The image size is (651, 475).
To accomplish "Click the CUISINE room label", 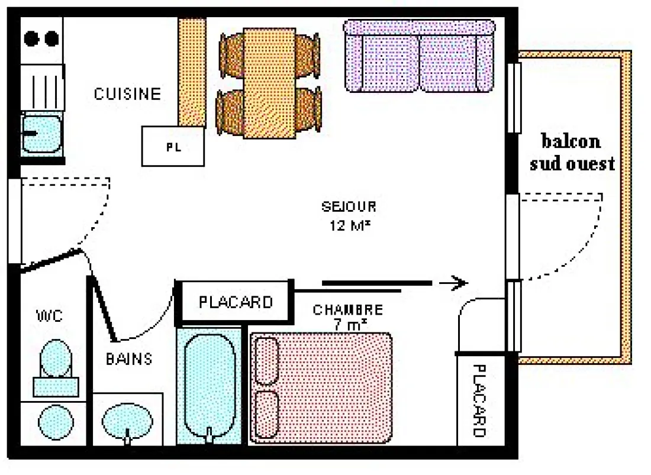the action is pyautogui.click(x=127, y=93).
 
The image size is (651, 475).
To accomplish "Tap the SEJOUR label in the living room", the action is pyautogui.click(x=349, y=206).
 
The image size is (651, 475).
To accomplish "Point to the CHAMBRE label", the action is pyautogui.click(x=348, y=309).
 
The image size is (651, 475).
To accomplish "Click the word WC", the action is pyautogui.click(x=50, y=316).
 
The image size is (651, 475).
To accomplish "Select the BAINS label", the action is pyautogui.click(x=129, y=358).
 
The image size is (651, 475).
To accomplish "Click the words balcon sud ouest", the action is pyautogui.click(x=572, y=152).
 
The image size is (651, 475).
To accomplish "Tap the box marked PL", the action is pyautogui.click(x=173, y=147).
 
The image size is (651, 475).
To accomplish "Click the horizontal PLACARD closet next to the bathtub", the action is pyautogui.click(x=236, y=302).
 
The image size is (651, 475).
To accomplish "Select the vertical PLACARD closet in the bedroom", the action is pyautogui.click(x=481, y=400).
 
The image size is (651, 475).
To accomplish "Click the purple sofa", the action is pyautogui.click(x=420, y=56).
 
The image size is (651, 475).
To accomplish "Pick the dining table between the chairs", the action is pyautogui.click(x=269, y=83).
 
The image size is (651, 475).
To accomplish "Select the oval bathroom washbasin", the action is pyautogui.click(x=127, y=421).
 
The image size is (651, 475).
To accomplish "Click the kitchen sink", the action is pyautogui.click(x=41, y=134).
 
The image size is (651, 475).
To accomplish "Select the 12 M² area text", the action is pyautogui.click(x=350, y=226).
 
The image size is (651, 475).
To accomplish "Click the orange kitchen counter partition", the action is pyautogui.click(x=192, y=72).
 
